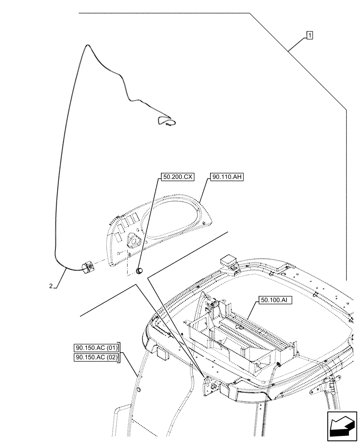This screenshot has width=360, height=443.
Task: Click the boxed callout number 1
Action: (x=309, y=35)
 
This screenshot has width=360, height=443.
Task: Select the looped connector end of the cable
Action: (x=168, y=122)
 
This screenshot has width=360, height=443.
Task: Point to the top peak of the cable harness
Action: (x=87, y=45)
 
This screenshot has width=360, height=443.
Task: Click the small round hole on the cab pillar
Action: (x=138, y=389)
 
